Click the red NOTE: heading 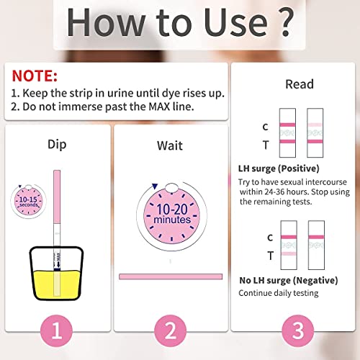[x=35, y=76]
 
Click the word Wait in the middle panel [x=170, y=145]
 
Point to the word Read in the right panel [x=299, y=84]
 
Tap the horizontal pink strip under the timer [x=170, y=277]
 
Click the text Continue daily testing [x=278, y=292]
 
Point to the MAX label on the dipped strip [x=67, y=256]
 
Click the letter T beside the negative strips [x=270, y=255]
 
